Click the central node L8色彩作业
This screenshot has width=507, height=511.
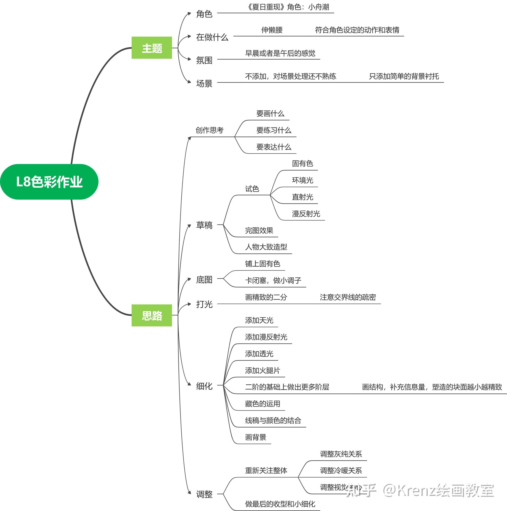click(x=49, y=182)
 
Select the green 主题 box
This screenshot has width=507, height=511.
click(x=152, y=48)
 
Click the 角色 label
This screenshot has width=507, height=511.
click(x=204, y=14)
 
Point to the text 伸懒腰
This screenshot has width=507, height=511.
click(x=272, y=30)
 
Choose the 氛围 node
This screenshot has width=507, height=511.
click(x=204, y=60)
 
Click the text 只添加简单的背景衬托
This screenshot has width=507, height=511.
click(x=404, y=77)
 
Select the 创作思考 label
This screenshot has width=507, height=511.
click(x=210, y=130)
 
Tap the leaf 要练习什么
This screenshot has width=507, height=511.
click(x=274, y=130)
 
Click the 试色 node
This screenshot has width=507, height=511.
click(x=252, y=189)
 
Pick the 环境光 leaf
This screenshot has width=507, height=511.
click(x=302, y=180)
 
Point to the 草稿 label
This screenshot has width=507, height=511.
click(x=204, y=225)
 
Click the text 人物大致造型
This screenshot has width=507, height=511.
click(x=266, y=247)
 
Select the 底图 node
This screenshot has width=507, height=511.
click(x=204, y=280)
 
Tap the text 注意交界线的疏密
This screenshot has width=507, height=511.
click(x=348, y=297)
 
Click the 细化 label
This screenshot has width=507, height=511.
click(x=204, y=386)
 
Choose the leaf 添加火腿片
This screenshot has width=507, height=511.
click(x=262, y=371)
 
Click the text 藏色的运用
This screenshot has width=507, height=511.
click(x=262, y=404)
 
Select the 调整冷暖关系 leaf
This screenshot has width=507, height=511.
click(x=341, y=471)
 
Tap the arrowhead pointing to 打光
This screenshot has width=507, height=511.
click(x=189, y=304)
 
